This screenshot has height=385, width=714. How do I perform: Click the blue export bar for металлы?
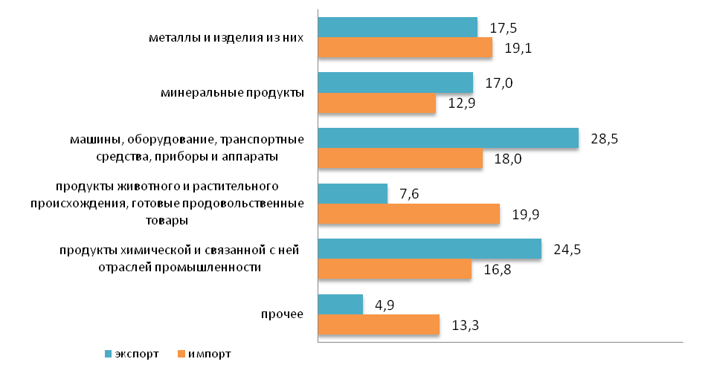[397, 27]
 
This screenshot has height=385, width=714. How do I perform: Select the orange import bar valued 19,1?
[405, 48]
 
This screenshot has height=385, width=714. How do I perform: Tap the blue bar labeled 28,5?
[448, 138]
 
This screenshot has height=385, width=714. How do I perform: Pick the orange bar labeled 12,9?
[376, 103]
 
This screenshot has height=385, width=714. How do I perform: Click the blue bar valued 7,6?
[353, 194]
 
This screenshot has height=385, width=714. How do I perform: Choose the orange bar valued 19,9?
[408, 214]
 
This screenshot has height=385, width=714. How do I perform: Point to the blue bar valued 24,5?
[429, 249]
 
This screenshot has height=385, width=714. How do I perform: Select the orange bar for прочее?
[379, 325]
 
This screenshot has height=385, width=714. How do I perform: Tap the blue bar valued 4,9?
[340, 305]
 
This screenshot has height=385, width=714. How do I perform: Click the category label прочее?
[282, 314]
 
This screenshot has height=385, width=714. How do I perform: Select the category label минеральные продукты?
[233, 93]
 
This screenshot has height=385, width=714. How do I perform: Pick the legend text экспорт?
[137, 355]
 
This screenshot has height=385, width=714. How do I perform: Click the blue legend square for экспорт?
[108, 355]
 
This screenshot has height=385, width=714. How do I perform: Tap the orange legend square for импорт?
[181, 355]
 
